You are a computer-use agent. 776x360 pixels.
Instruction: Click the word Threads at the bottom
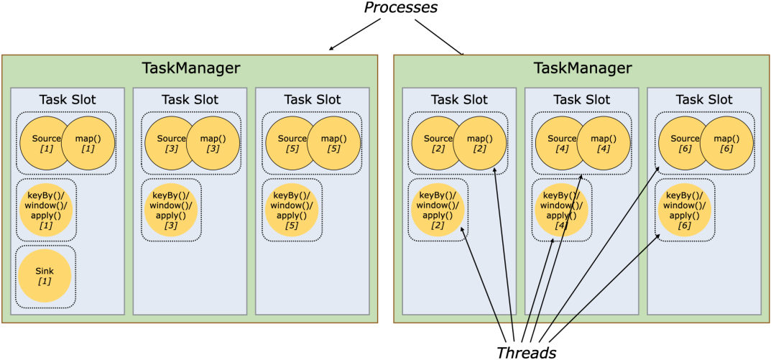(527, 352)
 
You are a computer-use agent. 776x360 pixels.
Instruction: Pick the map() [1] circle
(88, 143)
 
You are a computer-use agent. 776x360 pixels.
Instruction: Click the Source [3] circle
(167, 143)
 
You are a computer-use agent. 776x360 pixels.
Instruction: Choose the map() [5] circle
(333, 143)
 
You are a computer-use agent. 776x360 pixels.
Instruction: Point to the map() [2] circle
(479, 143)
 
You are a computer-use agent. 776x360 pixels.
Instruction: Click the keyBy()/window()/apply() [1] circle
(45, 210)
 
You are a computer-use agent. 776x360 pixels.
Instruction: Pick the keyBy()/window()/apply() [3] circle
(171, 210)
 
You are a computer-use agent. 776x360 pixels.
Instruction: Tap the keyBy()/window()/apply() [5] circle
(292, 210)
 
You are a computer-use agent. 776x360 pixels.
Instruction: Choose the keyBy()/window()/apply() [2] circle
(438, 210)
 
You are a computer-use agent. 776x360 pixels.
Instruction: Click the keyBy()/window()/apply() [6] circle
(685, 210)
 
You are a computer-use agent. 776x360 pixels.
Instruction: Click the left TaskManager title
(190, 68)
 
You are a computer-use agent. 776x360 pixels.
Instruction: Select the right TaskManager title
(583, 68)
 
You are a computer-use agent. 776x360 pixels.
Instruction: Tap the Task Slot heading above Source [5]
(313, 99)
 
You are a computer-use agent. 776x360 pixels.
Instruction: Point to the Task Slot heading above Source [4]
(581, 99)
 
